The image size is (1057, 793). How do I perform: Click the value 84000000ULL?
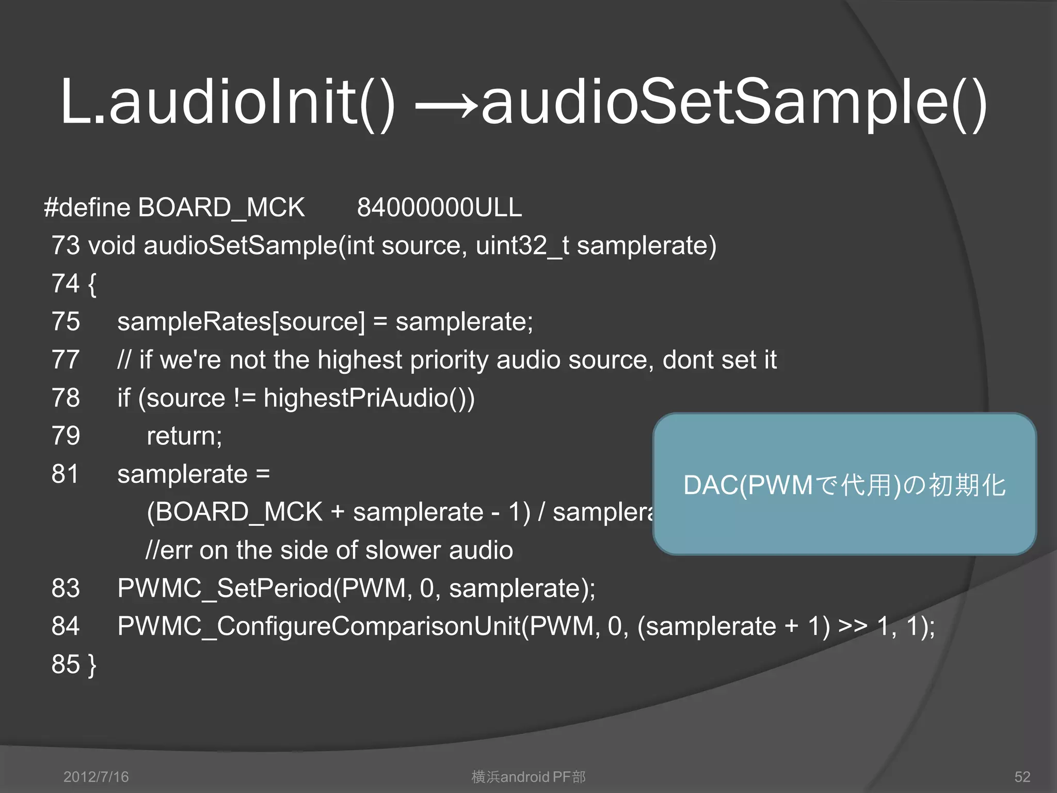point(439,208)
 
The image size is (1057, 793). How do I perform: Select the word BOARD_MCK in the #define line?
point(221,208)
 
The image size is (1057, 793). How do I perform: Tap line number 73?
point(66,245)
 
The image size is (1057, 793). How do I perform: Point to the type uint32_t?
point(522,245)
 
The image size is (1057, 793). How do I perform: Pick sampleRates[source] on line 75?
point(241,322)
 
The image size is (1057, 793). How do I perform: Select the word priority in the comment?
point(449,360)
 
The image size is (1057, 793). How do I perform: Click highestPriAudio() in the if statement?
point(369,398)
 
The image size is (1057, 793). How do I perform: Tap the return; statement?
point(184,436)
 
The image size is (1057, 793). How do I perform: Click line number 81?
point(65,474)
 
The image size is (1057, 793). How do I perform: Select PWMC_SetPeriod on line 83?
point(225,588)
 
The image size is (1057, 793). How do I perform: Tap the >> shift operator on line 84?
point(853,626)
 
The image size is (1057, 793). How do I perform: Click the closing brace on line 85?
point(92,665)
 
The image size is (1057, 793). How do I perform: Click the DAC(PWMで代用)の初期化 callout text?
point(844,485)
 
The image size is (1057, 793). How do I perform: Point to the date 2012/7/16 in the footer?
point(96,776)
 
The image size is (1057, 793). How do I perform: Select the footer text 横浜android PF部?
point(528,776)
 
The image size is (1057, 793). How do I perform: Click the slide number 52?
point(1022,776)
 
